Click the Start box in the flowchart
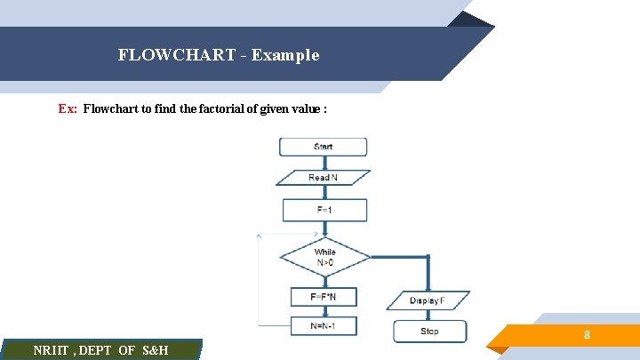click(323, 147)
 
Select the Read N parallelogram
click(323, 178)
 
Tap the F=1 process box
click(324, 210)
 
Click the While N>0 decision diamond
click(324, 258)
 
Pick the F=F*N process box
click(323, 296)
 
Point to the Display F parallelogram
click(428, 300)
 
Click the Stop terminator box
click(428, 332)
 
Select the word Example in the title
click(284, 55)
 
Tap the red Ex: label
click(68, 109)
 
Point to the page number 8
click(587, 335)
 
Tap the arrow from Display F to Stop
click(428, 316)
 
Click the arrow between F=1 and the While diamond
click(324, 228)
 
